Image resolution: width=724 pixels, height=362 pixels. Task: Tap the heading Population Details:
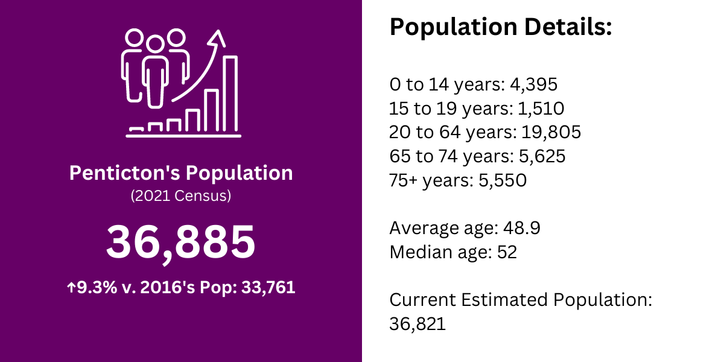tap(501, 27)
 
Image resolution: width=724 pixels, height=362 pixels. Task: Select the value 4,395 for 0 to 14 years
tap(533, 84)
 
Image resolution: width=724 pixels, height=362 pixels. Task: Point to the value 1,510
tap(541, 109)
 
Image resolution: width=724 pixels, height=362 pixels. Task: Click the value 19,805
tap(551, 133)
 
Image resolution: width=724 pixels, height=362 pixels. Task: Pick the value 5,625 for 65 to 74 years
tap(542, 156)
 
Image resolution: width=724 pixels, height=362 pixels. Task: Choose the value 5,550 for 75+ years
tap(503, 180)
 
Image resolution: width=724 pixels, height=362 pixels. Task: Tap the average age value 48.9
tap(522, 228)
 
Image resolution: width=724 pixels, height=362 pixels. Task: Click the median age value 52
tap(507, 252)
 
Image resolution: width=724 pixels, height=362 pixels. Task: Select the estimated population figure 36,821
tap(418, 324)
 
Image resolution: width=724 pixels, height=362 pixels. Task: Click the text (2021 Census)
tap(181, 196)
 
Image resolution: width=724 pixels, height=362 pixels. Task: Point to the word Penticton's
tap(124, 173)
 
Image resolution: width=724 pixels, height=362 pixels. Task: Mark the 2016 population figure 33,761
tap(268, 287)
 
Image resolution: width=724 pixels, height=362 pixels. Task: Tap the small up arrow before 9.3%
tap(71, 287)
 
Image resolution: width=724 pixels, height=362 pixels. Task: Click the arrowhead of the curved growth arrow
tap(217, 38)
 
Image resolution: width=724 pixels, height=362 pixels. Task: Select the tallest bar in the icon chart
tap(230, 94)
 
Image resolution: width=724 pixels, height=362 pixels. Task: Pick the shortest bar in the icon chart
tap(136, 129)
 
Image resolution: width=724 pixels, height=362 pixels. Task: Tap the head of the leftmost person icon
tap(134, 37)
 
